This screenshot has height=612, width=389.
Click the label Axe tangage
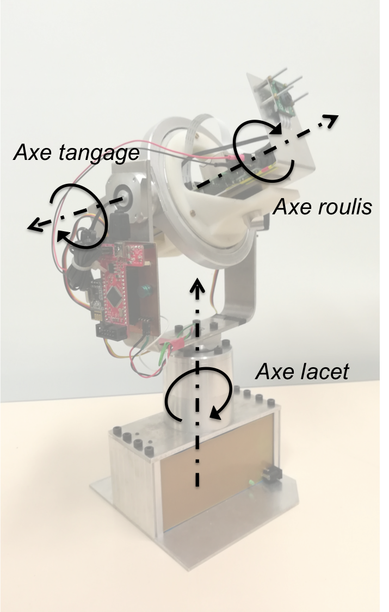pos(76,154)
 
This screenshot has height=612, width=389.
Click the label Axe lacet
pos(301,372)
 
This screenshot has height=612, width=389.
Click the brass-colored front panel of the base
pos(218,479)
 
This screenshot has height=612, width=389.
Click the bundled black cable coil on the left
pos(82,261)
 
